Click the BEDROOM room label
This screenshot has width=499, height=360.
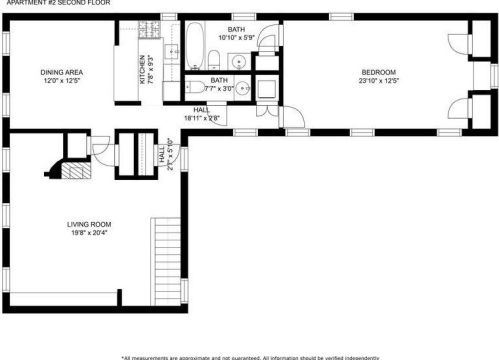click(x=378, y=72)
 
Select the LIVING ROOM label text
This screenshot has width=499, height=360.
click(x=89, y=225)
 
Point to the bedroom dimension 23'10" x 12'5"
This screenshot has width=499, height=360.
click(x=378, y=81)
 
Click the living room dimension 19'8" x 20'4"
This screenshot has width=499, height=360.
click(x=89, y=235)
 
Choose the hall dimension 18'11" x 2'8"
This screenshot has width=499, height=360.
click(x=201, y=118)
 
